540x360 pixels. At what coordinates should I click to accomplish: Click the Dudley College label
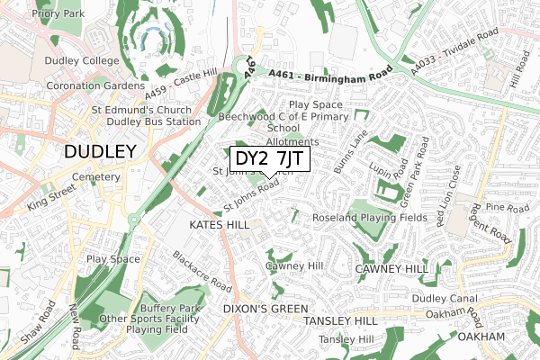[x=82, y=61]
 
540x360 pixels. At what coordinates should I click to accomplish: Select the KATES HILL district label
[x=219, y=223]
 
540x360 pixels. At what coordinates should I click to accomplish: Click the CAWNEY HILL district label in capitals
[x=391, y=269]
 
